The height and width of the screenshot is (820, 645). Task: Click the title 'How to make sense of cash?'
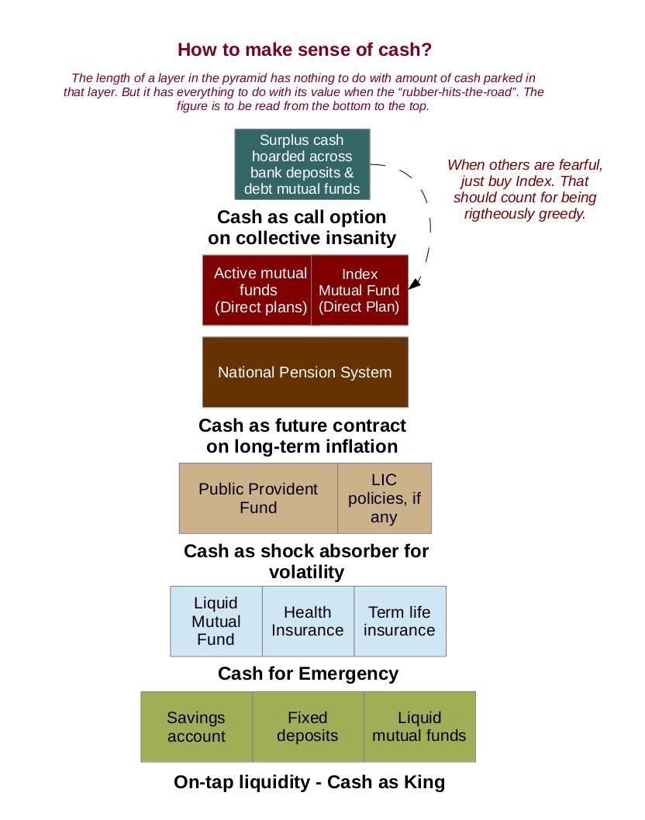coord(305,50)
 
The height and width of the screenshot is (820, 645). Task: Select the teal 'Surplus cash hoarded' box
coord(302,164)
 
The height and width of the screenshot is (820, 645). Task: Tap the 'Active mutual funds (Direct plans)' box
coord(259,290)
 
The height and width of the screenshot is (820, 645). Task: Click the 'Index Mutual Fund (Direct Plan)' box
coord(360,290)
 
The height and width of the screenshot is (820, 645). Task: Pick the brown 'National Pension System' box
coord(305,372)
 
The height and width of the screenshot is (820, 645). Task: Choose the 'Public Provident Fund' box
coord(258,498)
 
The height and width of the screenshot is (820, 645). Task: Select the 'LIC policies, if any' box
coord(385,498)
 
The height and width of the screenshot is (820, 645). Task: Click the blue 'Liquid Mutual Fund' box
coord(216,621)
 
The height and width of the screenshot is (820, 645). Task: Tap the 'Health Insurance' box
coord(308,621)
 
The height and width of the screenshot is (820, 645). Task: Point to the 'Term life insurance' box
coord(399,621)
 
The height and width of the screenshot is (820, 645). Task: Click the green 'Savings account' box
coord(197,726)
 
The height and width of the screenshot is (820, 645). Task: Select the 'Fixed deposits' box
coord(308,726)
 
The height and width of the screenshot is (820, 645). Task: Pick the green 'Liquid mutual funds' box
coord(419,726)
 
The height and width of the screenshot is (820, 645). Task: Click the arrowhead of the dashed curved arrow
coord(413,284)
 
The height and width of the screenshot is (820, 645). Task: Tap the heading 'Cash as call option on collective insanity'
coord(302,227)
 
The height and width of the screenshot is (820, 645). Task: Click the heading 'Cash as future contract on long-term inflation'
coord(302,436)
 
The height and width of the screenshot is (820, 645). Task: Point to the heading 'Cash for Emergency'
coord(308,674)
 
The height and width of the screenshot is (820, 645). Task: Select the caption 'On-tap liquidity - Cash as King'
coord(309,782)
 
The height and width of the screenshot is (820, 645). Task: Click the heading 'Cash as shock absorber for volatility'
coord(306,561)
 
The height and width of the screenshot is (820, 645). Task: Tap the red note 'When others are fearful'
coord(525,189)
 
